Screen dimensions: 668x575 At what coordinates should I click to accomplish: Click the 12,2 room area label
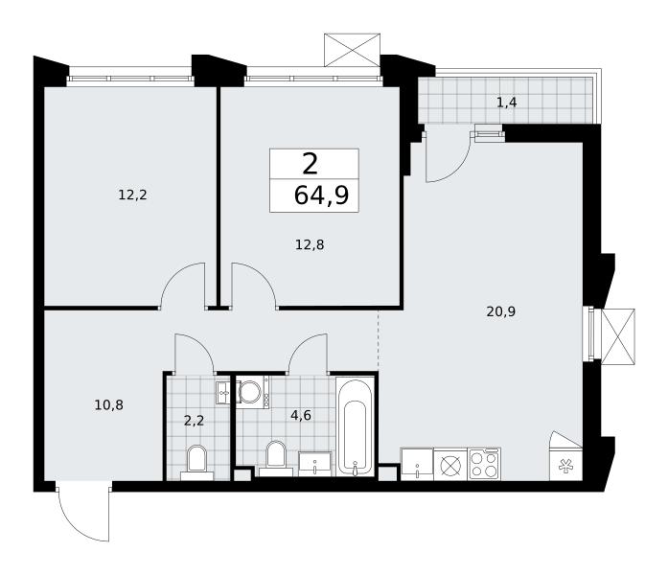coord(132,195)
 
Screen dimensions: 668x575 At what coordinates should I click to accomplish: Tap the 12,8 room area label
coord(310,245)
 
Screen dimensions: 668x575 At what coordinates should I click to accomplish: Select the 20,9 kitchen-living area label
coord(501,311)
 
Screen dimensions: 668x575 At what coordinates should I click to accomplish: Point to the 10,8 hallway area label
coord(109,404)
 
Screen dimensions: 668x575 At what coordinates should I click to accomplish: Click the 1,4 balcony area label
coord(507,103)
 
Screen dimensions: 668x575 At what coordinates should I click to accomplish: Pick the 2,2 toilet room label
coord(195,421)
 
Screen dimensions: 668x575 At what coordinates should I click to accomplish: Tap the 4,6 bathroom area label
coord(301,415)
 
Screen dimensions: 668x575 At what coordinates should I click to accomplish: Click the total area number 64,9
coord(322,195)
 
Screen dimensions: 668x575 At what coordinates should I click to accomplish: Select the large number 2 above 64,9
coord(311,165)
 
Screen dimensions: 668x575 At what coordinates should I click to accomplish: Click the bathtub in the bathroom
coord(355,426)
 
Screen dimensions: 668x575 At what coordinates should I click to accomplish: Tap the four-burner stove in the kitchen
coord(484,464)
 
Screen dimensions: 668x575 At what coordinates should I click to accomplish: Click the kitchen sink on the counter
coord(417,464)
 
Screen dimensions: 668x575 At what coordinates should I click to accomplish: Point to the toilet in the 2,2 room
coord(196,463)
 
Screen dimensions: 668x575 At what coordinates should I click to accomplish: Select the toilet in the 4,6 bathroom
coord(276,459)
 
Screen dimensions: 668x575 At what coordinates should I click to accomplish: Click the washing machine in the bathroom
coord(252,392)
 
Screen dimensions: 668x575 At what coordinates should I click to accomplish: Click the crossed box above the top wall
coord(352,50)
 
